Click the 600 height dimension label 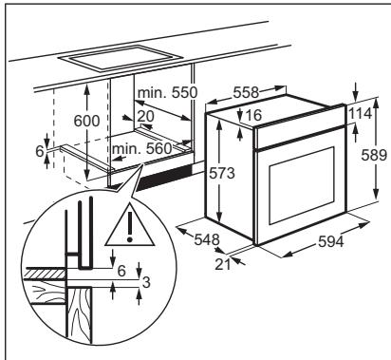(x=86, y=121)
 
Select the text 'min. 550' (x=168, y=92)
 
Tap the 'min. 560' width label (x=142, y=148)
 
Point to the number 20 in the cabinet (x=146, y=116)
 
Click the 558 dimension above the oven (x=246, y=92)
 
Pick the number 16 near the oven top (x=253, y=115)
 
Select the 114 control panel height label (x=361, y=113)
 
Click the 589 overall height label (x=374, y=155)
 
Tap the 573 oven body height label (x=222, y=173)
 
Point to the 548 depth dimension (x=207, y=239)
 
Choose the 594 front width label (x=331, y=242)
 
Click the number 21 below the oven (x=223, y=264)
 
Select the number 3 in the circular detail (x=146, y=282)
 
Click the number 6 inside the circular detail (x=121, y=271)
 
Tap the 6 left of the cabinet (x=40, y=151)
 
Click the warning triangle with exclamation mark (x=130, y=225)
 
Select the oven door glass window (x=302, y=185)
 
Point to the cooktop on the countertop (x=121, y=58)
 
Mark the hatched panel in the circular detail (x=44, y=273)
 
